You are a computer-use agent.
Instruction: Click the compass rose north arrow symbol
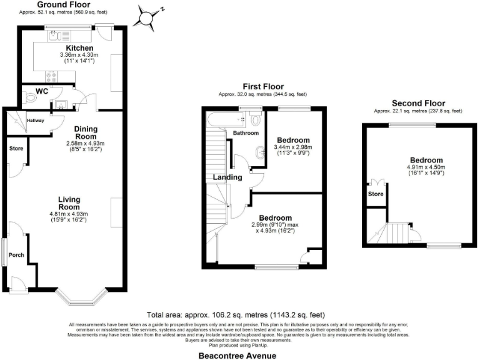pyautogui.click(x=149, y=17)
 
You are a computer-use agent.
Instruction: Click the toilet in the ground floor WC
pyautogui.click(x=31, y=97)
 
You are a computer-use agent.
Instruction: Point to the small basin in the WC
pyautogui.click(x=61, y=104)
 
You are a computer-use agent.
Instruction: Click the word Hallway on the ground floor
pyautogui.click(x=34, y=121)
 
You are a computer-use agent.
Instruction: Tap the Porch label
pyautogui.click(x=16, y=255)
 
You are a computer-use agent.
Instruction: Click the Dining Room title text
pyautogui.click(x=85, y=132)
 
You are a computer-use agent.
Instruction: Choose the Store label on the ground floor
pyautogui.click(x=16, y=149)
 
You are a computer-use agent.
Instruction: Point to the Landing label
pyautogui.click(x=227, y=177)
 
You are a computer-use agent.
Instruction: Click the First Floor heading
pyautogui.click(x=263, y=87)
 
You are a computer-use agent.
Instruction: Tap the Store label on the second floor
pyautogui.click(x=376, y=194)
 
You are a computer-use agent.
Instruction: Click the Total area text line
pyautogui.click(x=236, y=314)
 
